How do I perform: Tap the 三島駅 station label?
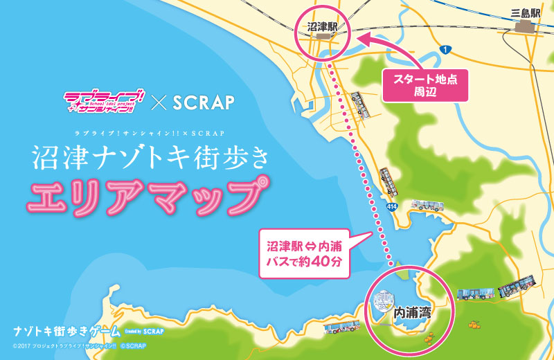point(525,12)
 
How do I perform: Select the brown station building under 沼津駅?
point(322,42)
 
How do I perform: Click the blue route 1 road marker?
point(445,48)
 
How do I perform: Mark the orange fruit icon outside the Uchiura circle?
point(475,323)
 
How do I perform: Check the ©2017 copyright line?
point(77,345)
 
